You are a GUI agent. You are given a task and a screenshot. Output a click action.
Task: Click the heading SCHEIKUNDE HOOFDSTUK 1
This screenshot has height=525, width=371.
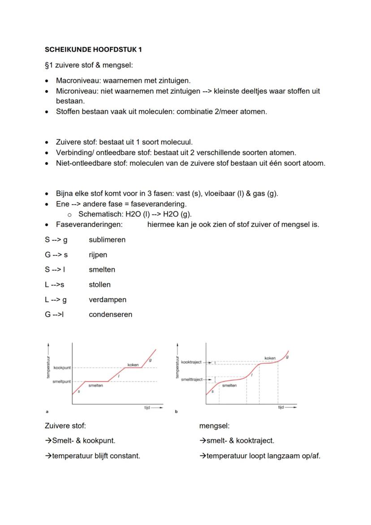pos(93,49)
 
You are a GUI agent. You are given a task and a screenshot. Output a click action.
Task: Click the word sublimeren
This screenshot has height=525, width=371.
pos(107,240)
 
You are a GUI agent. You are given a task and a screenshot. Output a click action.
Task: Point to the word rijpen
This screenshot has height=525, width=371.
pos(98,255)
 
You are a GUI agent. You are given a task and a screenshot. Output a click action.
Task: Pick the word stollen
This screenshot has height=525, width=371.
pos(99,285)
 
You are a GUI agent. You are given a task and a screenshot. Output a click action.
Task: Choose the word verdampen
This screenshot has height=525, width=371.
pos(107,300)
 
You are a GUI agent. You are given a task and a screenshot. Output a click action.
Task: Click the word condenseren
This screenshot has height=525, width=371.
pos(110,315)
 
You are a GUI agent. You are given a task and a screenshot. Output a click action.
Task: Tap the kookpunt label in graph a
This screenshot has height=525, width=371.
pos(62,368)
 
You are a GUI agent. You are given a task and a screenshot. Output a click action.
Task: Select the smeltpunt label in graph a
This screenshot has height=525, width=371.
pos(62,382)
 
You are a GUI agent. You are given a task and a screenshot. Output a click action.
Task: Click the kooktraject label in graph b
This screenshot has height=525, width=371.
pos(192,362)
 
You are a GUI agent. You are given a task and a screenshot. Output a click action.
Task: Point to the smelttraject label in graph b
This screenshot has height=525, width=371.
pos(191,379)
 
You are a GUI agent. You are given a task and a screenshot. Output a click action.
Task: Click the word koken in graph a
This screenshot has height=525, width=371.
pos(133,365)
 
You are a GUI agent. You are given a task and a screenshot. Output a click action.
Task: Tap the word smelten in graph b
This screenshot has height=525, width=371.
pos(229,386)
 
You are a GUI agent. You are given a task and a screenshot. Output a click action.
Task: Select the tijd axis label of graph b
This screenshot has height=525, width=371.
pos(281,407)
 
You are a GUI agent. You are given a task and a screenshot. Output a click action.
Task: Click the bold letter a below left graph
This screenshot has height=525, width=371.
pos(47,411)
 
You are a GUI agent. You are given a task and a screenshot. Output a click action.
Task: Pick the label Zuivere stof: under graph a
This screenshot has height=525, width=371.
pos(65,426)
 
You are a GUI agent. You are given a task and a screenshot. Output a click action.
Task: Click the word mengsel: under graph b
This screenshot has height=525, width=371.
pos(214,426)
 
